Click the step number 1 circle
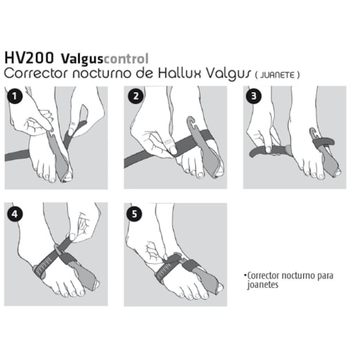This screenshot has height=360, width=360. (15, 96)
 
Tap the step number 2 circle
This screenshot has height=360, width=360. (136, 96)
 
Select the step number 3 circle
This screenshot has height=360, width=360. (254, 96)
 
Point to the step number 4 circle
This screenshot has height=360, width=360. (15, 214)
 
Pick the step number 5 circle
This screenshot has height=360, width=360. (134, 214)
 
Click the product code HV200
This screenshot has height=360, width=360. (29, 58)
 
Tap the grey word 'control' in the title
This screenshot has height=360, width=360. (126, 59)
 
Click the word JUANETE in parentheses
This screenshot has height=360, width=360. (278, 75)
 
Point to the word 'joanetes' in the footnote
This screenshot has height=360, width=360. (262, 285)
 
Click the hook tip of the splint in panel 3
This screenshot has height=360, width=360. (312, 129)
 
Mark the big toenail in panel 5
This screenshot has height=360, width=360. (220, 287)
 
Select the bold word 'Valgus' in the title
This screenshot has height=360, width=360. (82, 60)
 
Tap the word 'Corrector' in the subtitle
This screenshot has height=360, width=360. (37, 73)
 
